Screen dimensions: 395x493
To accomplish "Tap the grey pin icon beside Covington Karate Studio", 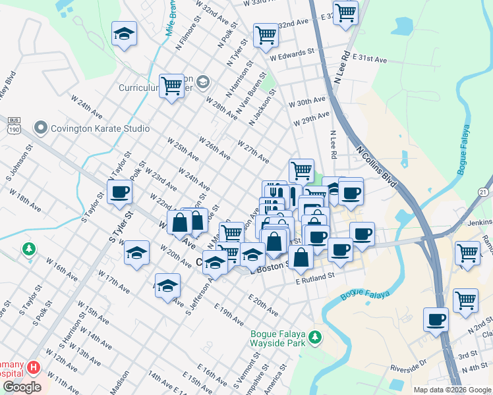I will coord(42,127).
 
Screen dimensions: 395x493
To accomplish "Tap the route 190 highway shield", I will coord(13,128).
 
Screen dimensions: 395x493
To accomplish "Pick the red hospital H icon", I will coord(33,365).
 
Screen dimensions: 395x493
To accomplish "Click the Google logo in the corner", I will coord(22,387).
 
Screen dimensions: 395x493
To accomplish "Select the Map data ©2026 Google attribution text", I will coord(451,390).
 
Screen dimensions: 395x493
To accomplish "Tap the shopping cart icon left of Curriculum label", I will coord(171,85).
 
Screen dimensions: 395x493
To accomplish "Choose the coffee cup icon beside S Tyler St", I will coord(119,192).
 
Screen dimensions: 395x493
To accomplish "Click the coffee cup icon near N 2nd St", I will coord(436,319).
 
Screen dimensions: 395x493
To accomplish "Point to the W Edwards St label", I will coord(296,52).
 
